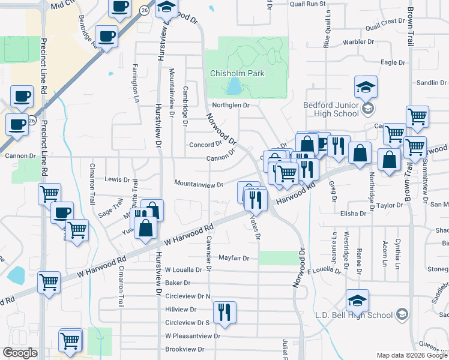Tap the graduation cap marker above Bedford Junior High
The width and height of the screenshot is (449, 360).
tap(366, 88)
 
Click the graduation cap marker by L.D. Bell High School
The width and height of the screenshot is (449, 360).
tap(357, 301)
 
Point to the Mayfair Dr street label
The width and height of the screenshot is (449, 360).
tap(234, 258)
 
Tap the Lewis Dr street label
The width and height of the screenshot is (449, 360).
tap(117, 179)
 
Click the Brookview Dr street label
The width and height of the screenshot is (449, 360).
tap(185, 349)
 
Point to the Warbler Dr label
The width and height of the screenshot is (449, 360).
tap(358, 43)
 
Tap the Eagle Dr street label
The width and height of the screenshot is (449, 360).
tap(393, 62)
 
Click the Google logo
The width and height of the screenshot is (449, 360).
tap(20, 352)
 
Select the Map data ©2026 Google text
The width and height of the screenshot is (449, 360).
tap(411, 355)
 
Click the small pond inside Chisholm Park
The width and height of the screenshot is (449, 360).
tap(232, 88)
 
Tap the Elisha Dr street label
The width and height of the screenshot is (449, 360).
tap(353, 214)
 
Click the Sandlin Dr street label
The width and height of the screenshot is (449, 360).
tap(429, 83)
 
